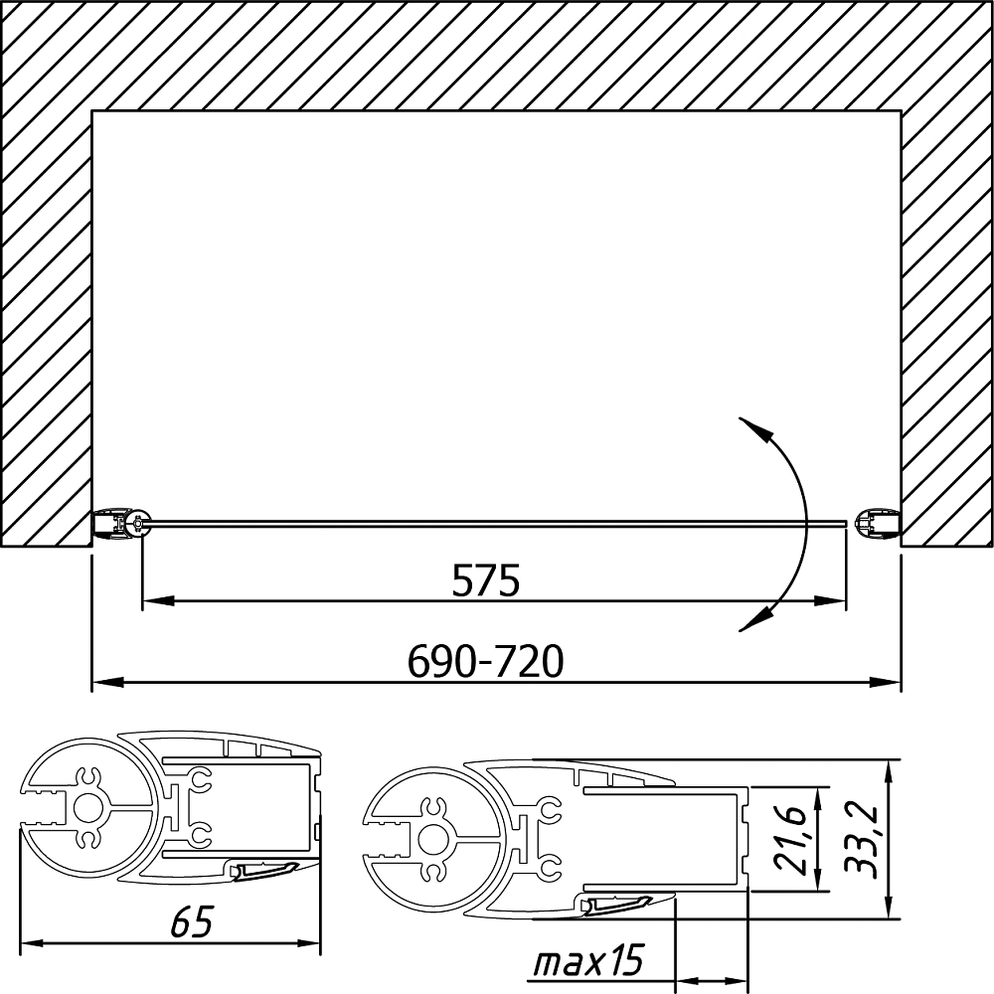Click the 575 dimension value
point(486,580)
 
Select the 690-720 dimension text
point(485,661)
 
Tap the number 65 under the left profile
point(192,921)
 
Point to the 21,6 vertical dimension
point(790,841)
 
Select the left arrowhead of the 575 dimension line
point(158,600)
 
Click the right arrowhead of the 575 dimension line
point(830,600)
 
